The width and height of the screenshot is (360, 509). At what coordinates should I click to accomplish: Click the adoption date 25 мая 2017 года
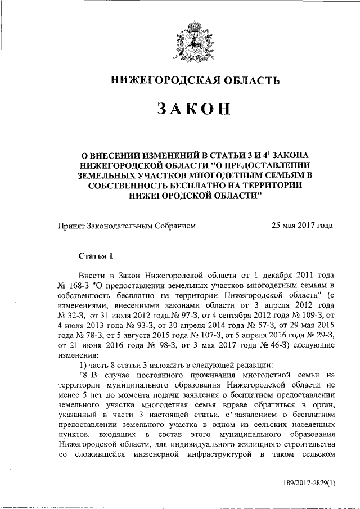click(301, 226)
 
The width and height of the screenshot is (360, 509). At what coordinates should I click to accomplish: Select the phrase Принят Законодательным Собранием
click(127, 226)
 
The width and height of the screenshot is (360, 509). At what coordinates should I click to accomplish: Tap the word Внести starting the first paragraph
click(93, 276)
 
